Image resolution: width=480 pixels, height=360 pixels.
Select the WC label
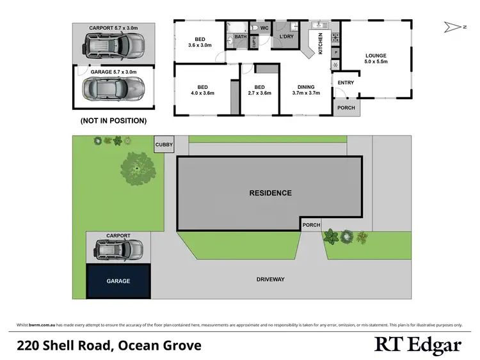tap(263, 29)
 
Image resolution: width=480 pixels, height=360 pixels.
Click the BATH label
tap(240, 37)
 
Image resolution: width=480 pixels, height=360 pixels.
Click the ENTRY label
tap(346, 82)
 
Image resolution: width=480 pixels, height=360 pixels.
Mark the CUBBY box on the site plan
tap(164, 145)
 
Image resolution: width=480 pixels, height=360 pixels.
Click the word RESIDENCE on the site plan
tap(270, 193)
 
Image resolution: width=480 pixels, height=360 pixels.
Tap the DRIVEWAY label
tap(270, 279)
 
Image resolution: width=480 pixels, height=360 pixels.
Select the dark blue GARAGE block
tap(118, 281)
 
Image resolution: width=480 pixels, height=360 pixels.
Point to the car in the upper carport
tap(113, 44)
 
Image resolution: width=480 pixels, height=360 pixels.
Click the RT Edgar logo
tap(418, 346)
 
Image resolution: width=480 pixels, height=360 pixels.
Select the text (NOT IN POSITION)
tap(113, 120)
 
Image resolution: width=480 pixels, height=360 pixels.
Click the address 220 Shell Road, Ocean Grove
tap(109, 346)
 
